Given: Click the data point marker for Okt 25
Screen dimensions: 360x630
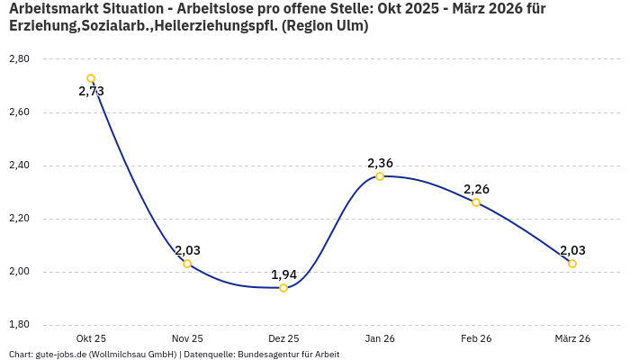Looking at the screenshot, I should click(x=91, y=78).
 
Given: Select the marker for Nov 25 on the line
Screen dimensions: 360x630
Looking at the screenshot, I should click(x=187, y=264).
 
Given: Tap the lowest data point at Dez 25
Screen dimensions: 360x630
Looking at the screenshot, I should click(x=283, y=288).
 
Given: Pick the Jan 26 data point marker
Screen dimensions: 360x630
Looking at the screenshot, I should click(x=380, y=176).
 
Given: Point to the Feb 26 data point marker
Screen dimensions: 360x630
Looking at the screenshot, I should click(x=476, y=202).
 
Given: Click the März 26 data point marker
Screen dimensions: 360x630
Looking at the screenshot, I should click(x=572, y=264).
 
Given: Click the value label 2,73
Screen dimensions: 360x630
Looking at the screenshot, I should click(x=91, y=92).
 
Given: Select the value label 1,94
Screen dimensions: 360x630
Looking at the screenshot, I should click(x=283, y=274).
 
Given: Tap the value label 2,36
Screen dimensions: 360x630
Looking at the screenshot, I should click(x=380, y=163).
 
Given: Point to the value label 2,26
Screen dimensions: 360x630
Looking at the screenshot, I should click(x=476, y=189).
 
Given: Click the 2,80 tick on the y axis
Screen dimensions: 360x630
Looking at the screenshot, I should click(x=19, y=59).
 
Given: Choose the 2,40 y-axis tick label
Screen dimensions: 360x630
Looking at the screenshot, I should click(x=19, y=166).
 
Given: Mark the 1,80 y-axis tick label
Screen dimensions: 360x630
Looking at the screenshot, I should click(x=19, y=325).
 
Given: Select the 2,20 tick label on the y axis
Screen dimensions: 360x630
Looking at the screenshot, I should click(x=19, y=219).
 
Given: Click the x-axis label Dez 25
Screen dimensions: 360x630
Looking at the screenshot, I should click(x=283, y=338).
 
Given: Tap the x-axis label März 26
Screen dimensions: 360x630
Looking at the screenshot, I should click(x=572, y=338).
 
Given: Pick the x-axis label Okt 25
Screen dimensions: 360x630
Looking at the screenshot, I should click(x=91, y=338).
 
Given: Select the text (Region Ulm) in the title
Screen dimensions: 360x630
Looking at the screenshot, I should click(x=325, y=26).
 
